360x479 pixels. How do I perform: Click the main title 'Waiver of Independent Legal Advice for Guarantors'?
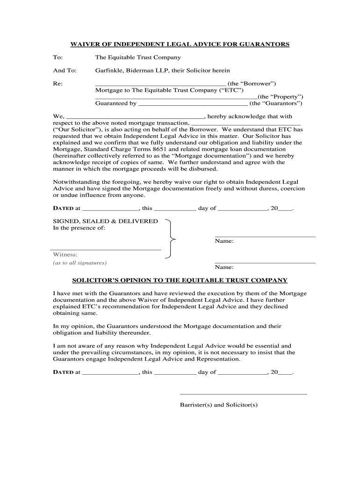[180, 44]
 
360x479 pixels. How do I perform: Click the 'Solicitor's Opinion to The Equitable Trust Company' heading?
[180, 280]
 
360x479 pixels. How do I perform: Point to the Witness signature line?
[106, 249]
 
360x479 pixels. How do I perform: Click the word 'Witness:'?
[65, 255]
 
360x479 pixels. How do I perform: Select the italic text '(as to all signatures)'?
[79, 263]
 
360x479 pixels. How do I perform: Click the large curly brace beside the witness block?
[171, 239]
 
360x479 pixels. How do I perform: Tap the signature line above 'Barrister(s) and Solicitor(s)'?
[243, 394]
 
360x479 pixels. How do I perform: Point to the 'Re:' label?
[57, 84]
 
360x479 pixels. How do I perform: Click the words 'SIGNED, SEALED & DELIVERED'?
[105, 221]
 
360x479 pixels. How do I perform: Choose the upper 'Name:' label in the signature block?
[224, 241]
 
